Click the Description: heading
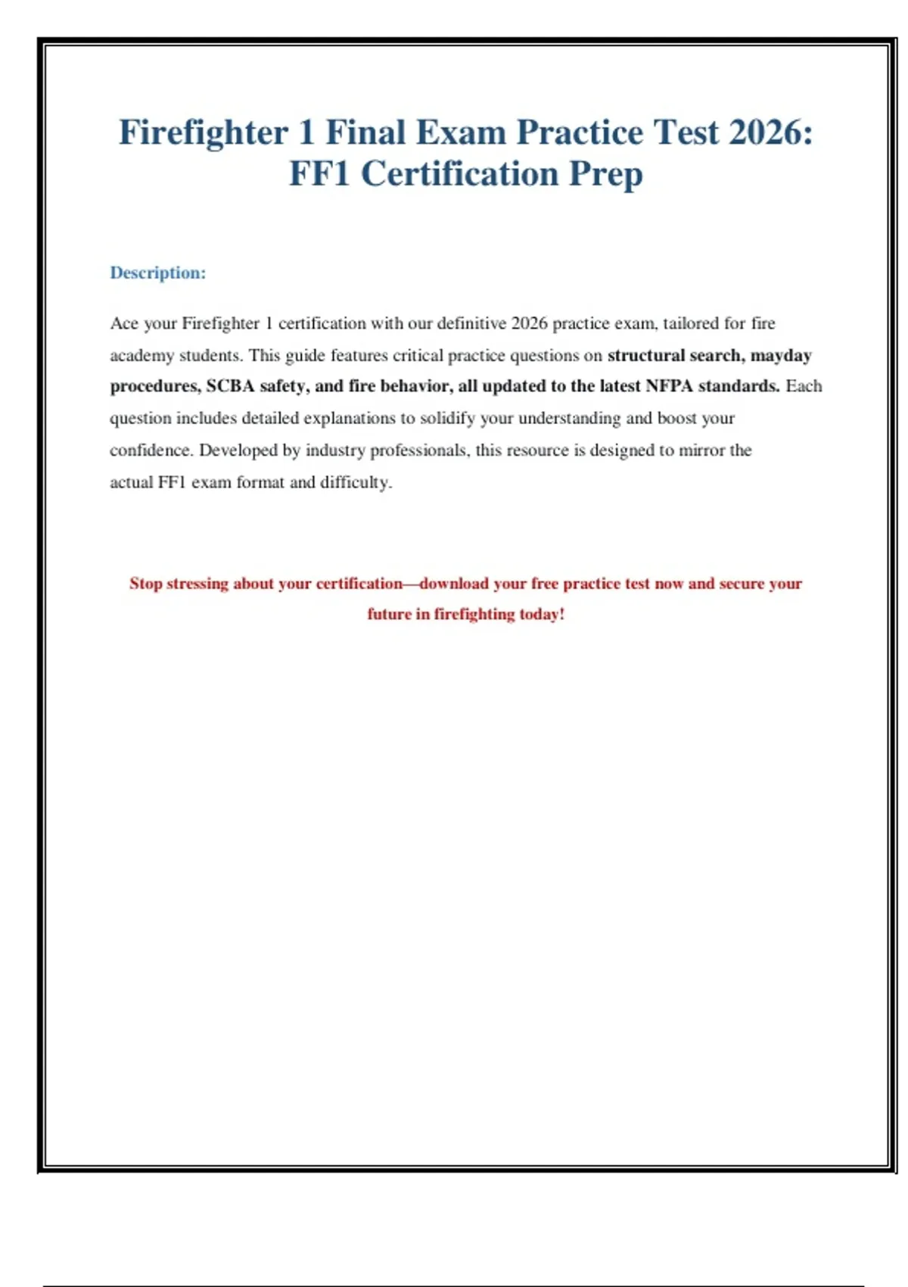(157, 273)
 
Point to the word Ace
(124, 323)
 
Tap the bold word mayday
(781, 356)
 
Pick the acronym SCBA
(230, 386)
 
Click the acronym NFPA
(669, 386)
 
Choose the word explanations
(349, 419)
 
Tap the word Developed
(238, 450)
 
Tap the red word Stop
(145, 584)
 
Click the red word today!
(542, 614)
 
